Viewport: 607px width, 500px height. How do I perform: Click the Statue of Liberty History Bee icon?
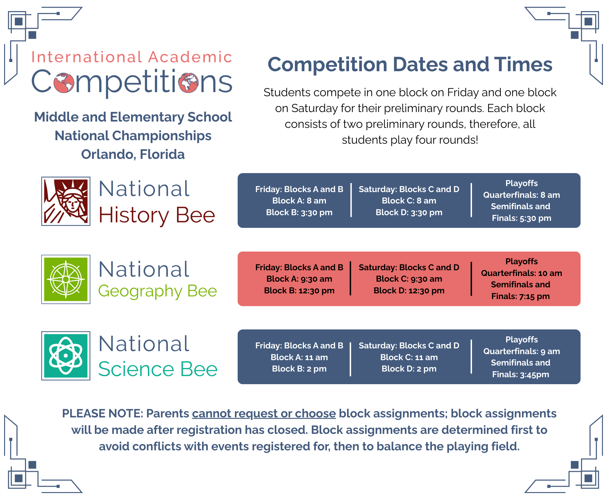coord(66,201)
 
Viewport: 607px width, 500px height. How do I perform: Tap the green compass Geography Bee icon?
coord(66,279)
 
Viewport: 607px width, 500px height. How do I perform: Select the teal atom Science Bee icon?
coord(66,356)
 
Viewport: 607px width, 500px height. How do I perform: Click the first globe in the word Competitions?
coord(64,83)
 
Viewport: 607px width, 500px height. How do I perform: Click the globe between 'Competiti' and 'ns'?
coord(188,83)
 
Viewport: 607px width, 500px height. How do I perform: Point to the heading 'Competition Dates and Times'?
coord(410,65)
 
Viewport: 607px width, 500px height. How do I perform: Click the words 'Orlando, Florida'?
coord(133,154)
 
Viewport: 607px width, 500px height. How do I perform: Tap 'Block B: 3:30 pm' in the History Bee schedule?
coord(299,212)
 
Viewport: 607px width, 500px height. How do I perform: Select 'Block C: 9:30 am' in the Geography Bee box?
coord(409,279)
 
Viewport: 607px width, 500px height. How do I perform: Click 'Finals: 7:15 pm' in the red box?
coord(520,296)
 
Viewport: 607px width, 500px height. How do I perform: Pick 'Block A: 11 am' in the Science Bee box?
coord(299,357)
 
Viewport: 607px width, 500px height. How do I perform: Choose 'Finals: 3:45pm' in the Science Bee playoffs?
coord(520,374)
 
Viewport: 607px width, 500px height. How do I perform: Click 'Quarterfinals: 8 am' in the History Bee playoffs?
coord(521,195)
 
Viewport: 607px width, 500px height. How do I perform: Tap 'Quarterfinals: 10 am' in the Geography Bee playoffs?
coord(521,273)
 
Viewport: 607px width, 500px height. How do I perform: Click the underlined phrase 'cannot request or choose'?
coord(264,414)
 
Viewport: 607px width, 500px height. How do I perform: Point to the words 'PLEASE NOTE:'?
coord(103,414)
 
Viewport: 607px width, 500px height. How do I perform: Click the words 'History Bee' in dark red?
coord(157,216)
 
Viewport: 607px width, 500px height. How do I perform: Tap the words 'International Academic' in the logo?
coord(132,57)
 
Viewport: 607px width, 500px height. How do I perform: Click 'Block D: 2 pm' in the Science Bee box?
coord(409,369)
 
